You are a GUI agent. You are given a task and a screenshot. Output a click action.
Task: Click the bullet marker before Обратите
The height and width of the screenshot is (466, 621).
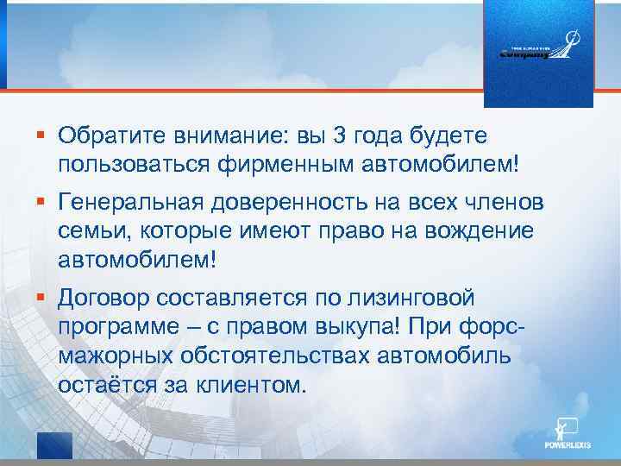click(x=41, y=135)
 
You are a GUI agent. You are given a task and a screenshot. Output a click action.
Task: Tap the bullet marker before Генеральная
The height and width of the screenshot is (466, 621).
click(x=41, y=203)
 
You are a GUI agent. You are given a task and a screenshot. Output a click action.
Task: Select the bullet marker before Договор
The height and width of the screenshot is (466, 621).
click(x=41, y=298)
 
